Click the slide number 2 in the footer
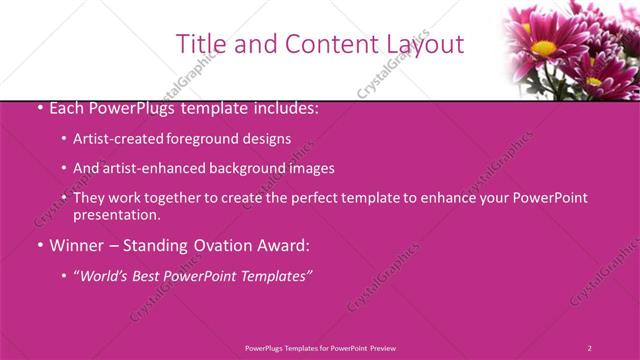(590, 348)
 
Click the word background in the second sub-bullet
(246, 168)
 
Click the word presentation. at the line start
(116, 214)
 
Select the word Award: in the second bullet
(284, 245)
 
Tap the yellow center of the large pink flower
(544, 47)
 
